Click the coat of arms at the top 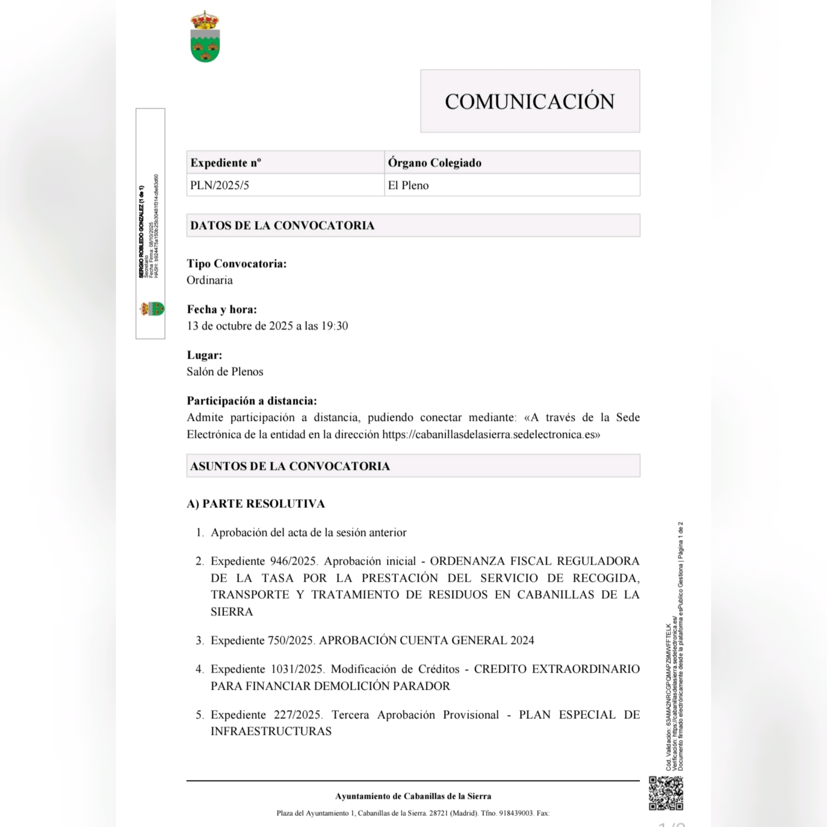205,37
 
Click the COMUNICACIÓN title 529,101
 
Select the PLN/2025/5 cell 220,185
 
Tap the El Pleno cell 408,185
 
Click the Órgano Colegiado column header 434,163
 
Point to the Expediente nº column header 226,163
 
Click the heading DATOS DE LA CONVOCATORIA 282,226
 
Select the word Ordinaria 210,280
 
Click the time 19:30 335,326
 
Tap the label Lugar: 204,355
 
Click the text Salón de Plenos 225,372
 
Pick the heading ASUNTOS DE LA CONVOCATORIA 290,466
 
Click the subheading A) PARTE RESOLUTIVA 256,504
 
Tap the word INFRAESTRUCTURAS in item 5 271,731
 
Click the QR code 665,793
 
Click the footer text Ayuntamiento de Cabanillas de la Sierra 413,796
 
